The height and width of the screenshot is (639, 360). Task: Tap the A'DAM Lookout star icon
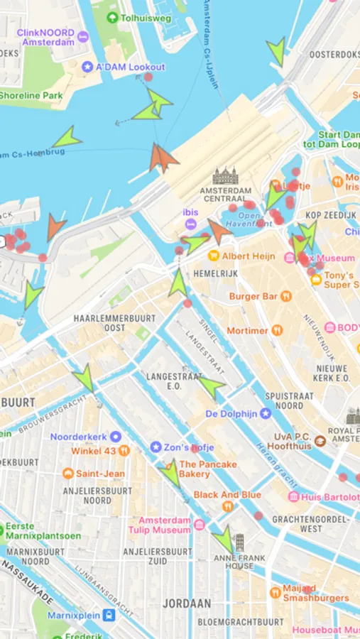87,67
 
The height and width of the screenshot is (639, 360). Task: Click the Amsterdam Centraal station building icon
226,175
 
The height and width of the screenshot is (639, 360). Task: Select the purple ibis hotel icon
190,224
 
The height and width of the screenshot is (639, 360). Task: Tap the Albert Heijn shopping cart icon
213,256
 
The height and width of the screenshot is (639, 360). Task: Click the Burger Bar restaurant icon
285,295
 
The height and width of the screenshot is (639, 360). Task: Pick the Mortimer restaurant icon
277,330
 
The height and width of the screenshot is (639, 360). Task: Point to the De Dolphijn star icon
266,413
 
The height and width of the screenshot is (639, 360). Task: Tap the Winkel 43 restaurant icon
124,450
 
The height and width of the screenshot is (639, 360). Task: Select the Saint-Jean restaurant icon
67,474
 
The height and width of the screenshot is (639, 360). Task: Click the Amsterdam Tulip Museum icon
200,525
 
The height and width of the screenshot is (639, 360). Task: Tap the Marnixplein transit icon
109,615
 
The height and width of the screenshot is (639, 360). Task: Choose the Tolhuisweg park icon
112,17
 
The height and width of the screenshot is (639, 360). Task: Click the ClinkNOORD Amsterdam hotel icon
82,35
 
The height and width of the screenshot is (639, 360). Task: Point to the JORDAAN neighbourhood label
186,603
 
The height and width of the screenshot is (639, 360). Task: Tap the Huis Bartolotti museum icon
293,497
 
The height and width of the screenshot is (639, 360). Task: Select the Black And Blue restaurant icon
227,506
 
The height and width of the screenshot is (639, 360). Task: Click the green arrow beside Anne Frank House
227,540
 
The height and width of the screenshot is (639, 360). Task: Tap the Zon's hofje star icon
156,447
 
